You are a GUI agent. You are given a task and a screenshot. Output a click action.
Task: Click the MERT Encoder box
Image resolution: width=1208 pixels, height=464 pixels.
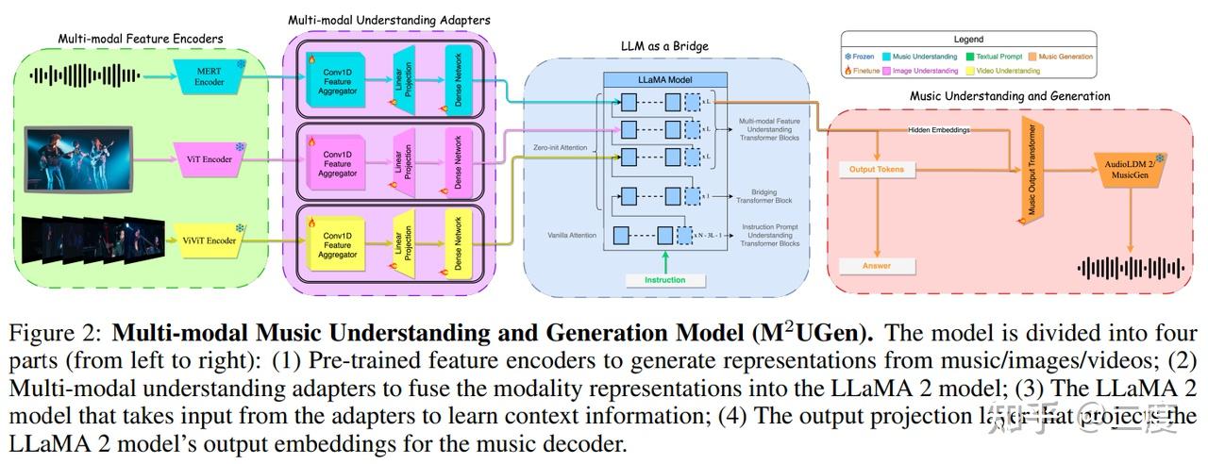210,75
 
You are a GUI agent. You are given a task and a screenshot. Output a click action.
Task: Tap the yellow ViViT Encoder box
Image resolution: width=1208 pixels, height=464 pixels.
210,240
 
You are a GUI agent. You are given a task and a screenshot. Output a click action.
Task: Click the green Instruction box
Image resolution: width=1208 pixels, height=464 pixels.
665,280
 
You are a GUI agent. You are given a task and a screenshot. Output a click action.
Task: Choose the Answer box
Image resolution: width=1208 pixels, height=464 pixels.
877,266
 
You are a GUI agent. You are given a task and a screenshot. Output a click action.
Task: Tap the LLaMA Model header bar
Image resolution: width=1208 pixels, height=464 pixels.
666,80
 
